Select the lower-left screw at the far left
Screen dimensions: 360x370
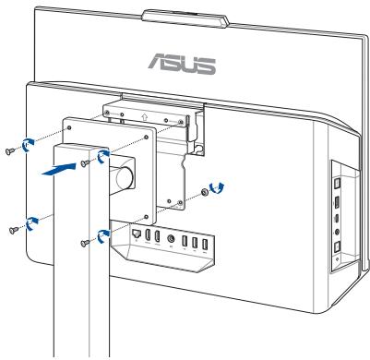(10, 227)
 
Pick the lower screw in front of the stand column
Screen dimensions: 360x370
(85, 242)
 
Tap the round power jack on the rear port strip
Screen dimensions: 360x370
(173, 245)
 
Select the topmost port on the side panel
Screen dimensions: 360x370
(338, 179)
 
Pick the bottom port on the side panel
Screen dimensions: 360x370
(337, 248)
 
